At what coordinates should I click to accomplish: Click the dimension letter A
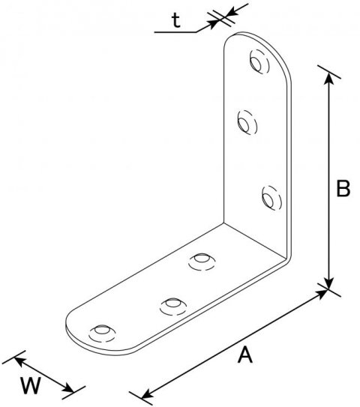pyautogui.click(x=245, y=355)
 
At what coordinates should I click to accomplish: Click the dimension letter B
pyautogui.click(x=343, y=188)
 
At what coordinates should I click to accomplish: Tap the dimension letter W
pyautogui.click(x=31, y=385)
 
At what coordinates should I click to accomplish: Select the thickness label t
pyautogui.click(x=176, y=20)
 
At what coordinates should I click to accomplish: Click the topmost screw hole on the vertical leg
pyautogui.click(x=259, y=61)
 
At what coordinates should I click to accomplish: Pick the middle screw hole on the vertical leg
pyautogui.click(x=247, y=122)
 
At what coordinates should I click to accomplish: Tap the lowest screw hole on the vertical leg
pyautogui.click(x=271, y=198)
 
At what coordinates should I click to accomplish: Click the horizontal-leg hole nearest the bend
pyautogui.click(x=202, y=262)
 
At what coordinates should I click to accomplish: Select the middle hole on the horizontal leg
pyautogui.click(x=173, y=307)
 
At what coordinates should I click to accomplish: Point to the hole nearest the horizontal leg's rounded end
pyautogui.click(x=102, y=334)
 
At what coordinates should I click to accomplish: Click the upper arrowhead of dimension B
pyautogui.click(x=329, y=78)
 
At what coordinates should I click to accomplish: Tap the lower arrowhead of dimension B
pyautogui.click(x=329, y=283)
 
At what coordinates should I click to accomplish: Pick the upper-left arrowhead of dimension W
pyautogui.click(x=20, y=361)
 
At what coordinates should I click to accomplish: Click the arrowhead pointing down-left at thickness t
pyautogui.click(x=234, y=11)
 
